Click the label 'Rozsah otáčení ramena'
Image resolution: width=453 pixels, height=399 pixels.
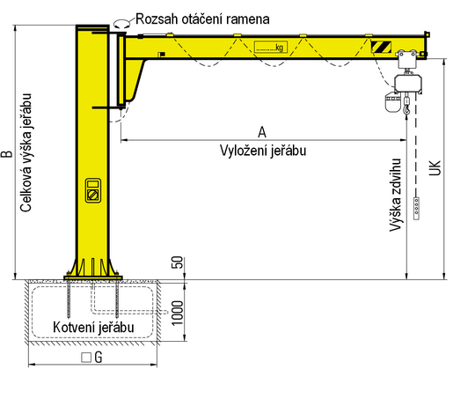coord(202,19)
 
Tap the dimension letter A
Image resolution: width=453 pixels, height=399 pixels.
coord(262,132)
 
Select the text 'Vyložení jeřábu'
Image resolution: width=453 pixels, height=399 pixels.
coord(263,151)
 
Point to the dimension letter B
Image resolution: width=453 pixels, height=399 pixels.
coord(7,154)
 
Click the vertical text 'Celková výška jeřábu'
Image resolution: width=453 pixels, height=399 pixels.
coord(26,152)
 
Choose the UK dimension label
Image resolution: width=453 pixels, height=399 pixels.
coord(435,168)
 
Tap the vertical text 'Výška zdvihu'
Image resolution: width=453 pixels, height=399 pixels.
coord(395,196)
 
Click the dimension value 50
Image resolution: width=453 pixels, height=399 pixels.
coord(177,262)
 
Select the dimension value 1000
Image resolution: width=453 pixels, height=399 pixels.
coord(177,313)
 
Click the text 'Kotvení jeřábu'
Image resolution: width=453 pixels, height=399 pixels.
coord(93,327)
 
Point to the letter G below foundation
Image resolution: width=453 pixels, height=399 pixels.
coord(99,358)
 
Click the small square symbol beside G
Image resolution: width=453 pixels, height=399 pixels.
coord(86,358)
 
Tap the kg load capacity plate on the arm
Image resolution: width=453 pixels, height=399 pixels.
coord(271,48)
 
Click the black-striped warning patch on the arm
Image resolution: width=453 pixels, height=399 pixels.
coord(381,47)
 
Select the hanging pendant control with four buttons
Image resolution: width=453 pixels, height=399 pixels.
coord(416,209)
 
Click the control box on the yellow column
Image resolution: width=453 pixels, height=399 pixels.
coord(93,190)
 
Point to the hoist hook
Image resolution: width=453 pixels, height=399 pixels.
coord(406,110)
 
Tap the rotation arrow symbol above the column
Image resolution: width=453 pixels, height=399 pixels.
coord(121,24)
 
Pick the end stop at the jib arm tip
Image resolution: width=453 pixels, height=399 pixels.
coord(427,34)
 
